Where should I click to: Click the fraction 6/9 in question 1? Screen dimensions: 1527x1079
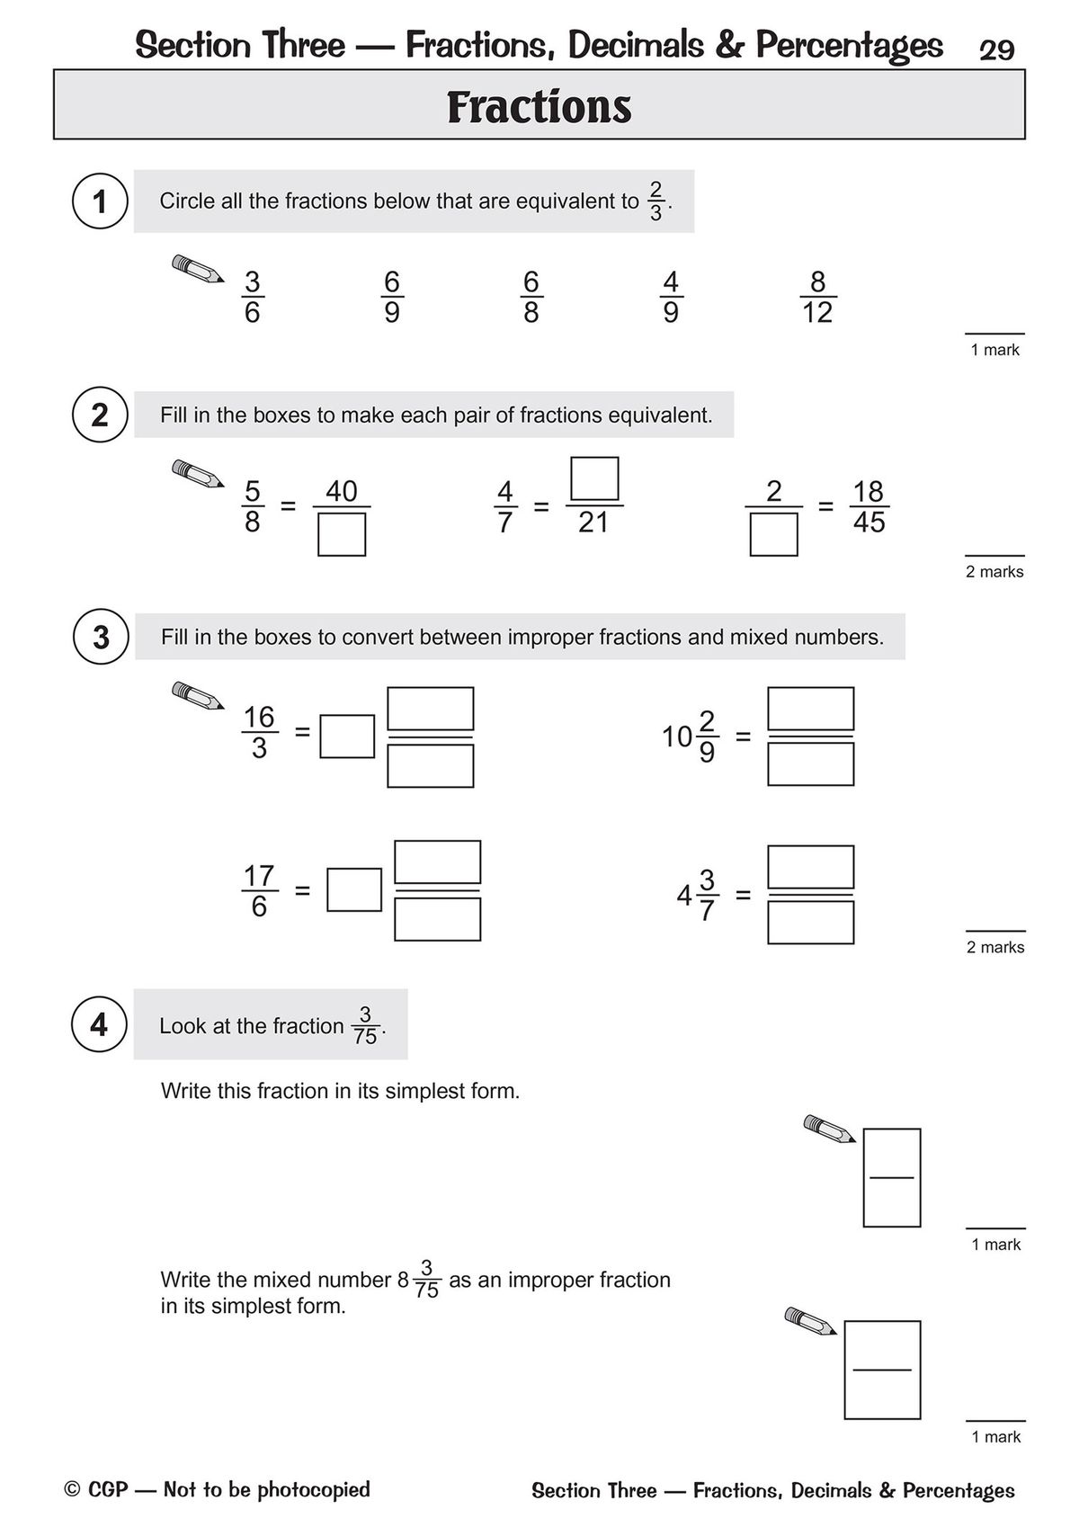click(x=392, y=297)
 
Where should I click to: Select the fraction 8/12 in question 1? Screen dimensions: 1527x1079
click(x=817, y=297)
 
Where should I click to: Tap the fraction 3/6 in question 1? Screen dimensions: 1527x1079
click(x=252, y=297)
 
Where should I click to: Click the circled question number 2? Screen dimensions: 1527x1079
click(x=100, y=415)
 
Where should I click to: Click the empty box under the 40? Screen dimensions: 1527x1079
click(x=342, y=534)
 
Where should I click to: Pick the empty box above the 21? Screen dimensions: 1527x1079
click(x=594, y=478)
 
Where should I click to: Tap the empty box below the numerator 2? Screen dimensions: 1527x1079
click(x=773, y=534)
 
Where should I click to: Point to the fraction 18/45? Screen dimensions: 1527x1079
click(x=869, y=506)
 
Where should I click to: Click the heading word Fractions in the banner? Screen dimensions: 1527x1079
click(x=539, y=107)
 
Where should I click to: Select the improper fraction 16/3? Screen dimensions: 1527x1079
click(x=259, y=732)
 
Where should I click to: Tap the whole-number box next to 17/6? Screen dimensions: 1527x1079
click(x=353, y=889)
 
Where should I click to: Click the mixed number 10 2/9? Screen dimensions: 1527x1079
click(x=691, y=737)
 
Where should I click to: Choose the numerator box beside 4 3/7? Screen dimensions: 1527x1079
click(x=810, y=867)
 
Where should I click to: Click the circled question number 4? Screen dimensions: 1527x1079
click(x=100, y=1024)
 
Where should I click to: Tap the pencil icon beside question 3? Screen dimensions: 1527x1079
click(x=198, y=695)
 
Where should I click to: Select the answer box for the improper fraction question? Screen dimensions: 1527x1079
click(x=882, y=1369)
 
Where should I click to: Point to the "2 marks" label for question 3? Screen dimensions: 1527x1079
click(x=995, y=947)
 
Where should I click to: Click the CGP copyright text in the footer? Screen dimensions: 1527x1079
click(x=217, y=1490)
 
